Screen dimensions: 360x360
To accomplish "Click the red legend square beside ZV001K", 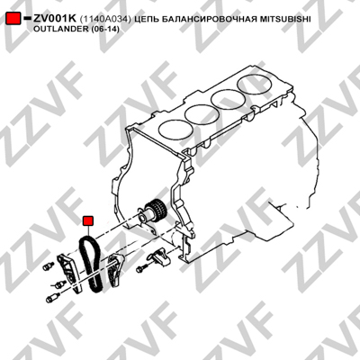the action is click(x=13, y=19).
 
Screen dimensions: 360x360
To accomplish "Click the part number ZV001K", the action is click(x=55, y=19).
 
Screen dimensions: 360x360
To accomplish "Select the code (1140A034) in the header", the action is click(x=105, y=20).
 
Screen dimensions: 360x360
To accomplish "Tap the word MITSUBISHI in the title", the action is click(x=284, y=20).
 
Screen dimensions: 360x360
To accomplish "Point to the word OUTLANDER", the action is click(x=56, y=30).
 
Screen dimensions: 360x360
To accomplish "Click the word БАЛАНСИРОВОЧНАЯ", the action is click(x=208, y=20).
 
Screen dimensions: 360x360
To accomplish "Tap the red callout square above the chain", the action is click(x=88, y=220).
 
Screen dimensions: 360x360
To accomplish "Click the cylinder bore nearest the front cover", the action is click(x=175, y=128).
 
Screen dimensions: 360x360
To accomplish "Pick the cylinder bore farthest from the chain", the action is click(x=254, y=85).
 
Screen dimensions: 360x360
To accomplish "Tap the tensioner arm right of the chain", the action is click(x=114, y=270).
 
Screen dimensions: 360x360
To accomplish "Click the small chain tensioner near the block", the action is click(x=159, y=257).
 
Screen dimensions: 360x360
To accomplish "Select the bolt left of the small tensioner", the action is click(x=141, y=269).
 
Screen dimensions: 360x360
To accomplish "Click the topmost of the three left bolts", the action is click(x=49, y=266).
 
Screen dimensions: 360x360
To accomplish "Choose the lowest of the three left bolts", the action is click(x=51, y=298).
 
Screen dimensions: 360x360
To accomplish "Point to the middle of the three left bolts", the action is click(x=60, y=284).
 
